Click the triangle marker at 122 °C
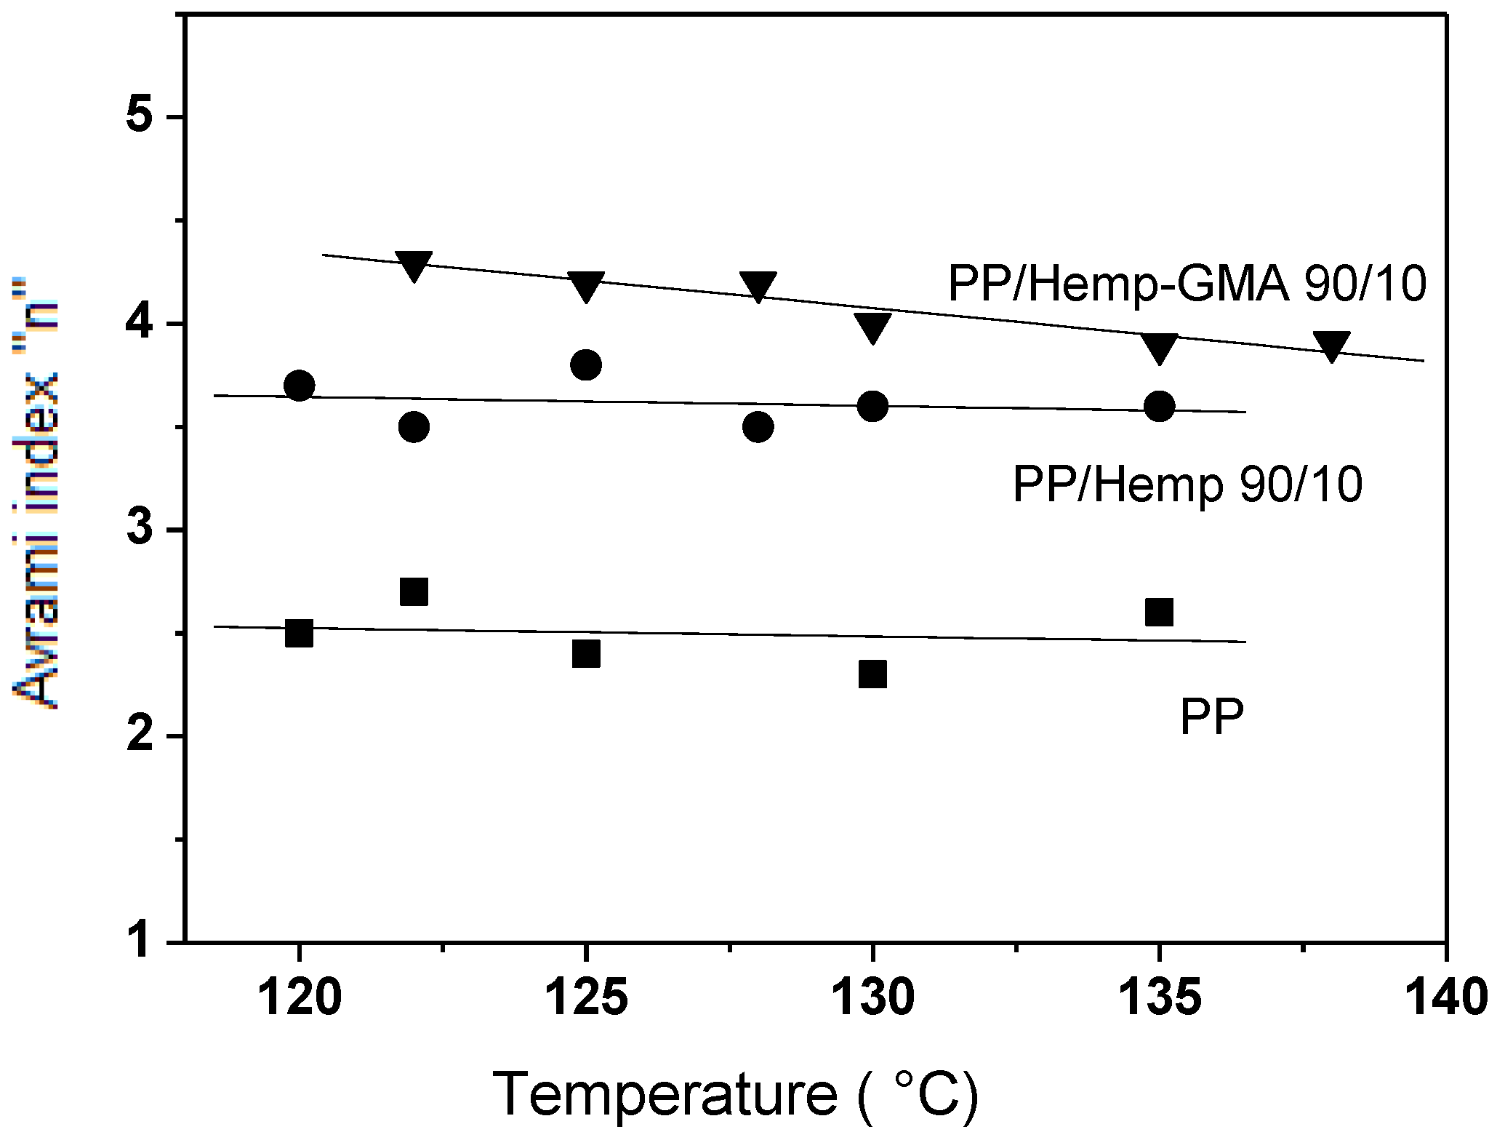pos(414,265)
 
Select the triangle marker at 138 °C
pos(1331,345)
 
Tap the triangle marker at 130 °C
pos(872,326)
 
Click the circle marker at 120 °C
pos(299,386)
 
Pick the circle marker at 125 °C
pos(586,364)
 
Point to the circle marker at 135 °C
pos(1159,406)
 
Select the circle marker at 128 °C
pos(758,426)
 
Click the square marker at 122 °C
pos(414,592)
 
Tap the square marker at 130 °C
pos(872,674)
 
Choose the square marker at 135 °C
pos(1159,613)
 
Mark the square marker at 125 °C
pos(586,653)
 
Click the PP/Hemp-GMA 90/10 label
pos(1187,283)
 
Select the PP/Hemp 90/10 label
pos(1187,485)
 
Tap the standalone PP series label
pos(1211,717)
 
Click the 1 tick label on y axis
pos(140,941)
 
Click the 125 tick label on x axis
pos(585,997)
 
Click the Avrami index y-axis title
pos(36,495)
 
